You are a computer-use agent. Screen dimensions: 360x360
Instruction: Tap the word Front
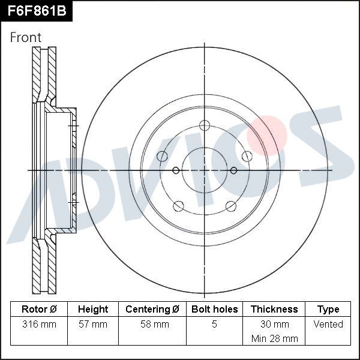click(x=26, y=37)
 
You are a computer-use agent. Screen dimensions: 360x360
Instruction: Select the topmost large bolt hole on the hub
click(x=205, y=125)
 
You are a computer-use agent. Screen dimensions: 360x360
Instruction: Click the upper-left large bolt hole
click(x=162, y=157)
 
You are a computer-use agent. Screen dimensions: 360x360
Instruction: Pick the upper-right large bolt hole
click(x=247, y=157)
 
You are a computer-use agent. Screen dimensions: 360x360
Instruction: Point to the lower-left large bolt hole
click(x=178, y=206)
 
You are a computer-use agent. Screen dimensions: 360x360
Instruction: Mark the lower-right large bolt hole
click(x=231, y=206)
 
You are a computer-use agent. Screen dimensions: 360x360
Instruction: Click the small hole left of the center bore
click(x=176, y=170)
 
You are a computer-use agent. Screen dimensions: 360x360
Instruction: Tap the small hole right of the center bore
click(x=233, y=170)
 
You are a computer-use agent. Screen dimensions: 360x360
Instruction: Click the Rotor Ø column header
click(x=39, y=310)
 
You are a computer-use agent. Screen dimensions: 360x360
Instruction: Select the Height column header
click(x=93, y=310)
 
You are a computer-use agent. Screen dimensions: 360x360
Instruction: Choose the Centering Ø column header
click(x=152, y=310)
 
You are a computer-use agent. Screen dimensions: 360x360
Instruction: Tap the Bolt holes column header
click(x=214, y=310)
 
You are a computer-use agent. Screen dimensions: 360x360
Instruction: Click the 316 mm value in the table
click(x=39, y=325)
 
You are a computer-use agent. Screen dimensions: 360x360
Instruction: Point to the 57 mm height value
click(x=93, y=325)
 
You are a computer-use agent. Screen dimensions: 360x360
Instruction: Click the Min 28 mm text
click(x=274, y=338)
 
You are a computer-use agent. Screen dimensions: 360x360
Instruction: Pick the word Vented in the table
click(x=328, y=325)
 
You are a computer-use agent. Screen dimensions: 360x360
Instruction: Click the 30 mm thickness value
click(x=274, y=325)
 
